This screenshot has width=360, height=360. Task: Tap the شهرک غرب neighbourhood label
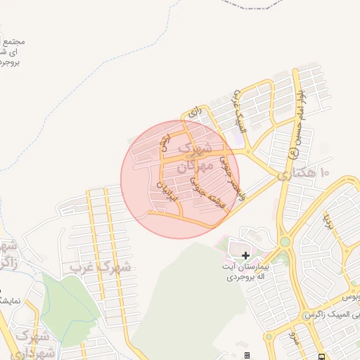(x=100, y=266)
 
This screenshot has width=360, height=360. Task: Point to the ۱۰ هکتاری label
(x=303, y=173)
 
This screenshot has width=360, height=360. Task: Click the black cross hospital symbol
(x=245, y=255)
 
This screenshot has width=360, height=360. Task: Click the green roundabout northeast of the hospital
(x=285, y=243)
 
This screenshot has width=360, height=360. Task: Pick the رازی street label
(x=195, y=112)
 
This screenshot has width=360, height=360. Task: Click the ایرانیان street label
(x=163, y=189)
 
